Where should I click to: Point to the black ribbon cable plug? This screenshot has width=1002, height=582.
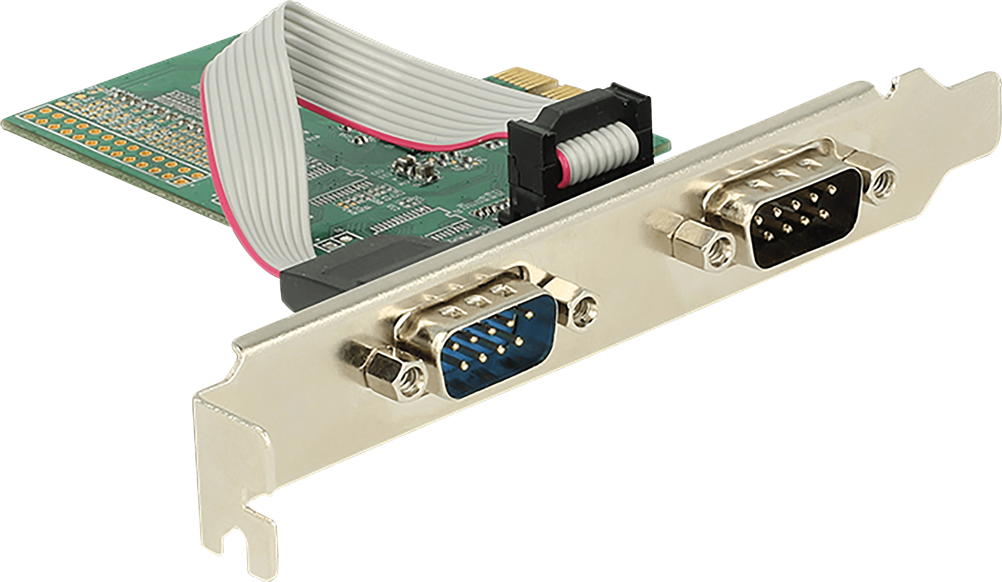[x=581, y=147]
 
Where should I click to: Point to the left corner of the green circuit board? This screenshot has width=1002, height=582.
[x=8, y=123]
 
